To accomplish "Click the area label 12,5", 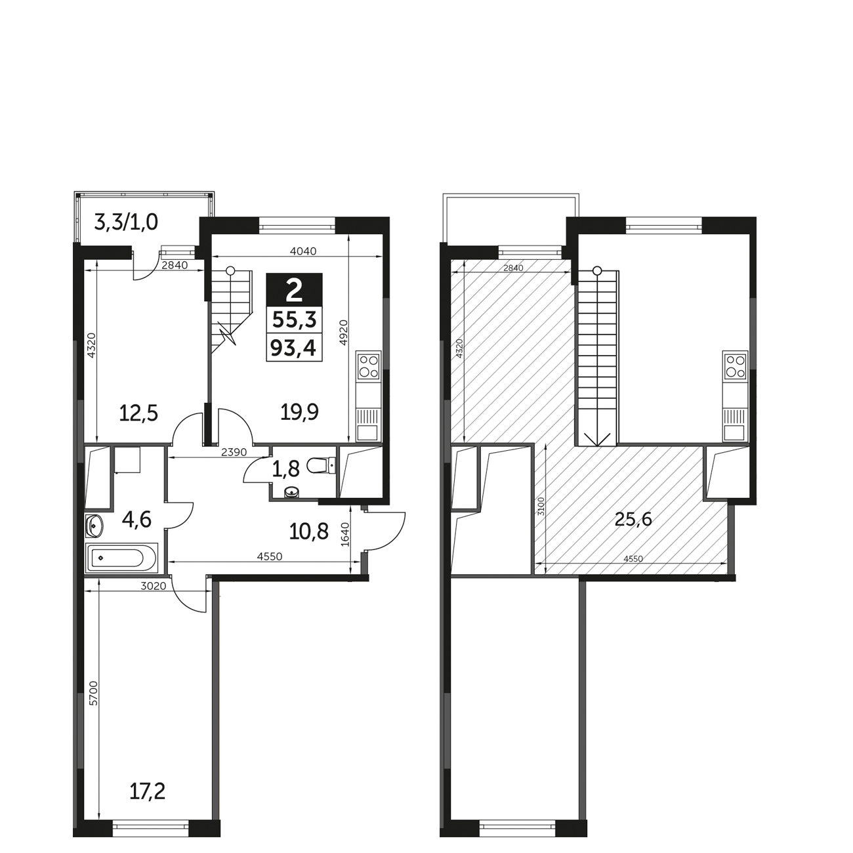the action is click(x=138, y=413).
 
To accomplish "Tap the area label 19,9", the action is click(x=299, y=413).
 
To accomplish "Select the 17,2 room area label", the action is click(x=148, y=791).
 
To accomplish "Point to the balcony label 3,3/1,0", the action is click(x=126, y=222).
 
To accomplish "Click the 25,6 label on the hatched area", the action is click(x=633, y=519).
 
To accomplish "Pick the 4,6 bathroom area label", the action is click(x=136, y=519).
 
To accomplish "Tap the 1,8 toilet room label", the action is click(x=285, y=468).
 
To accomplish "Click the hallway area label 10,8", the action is click(x=308, y=531).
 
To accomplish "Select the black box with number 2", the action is click(x=295, y=289).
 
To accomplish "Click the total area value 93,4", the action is click(x=293, y=348).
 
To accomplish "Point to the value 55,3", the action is click(x=295, y=319).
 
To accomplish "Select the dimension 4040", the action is click(x=303, y=251).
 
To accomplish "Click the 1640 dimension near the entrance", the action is click(x=345, y=534).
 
